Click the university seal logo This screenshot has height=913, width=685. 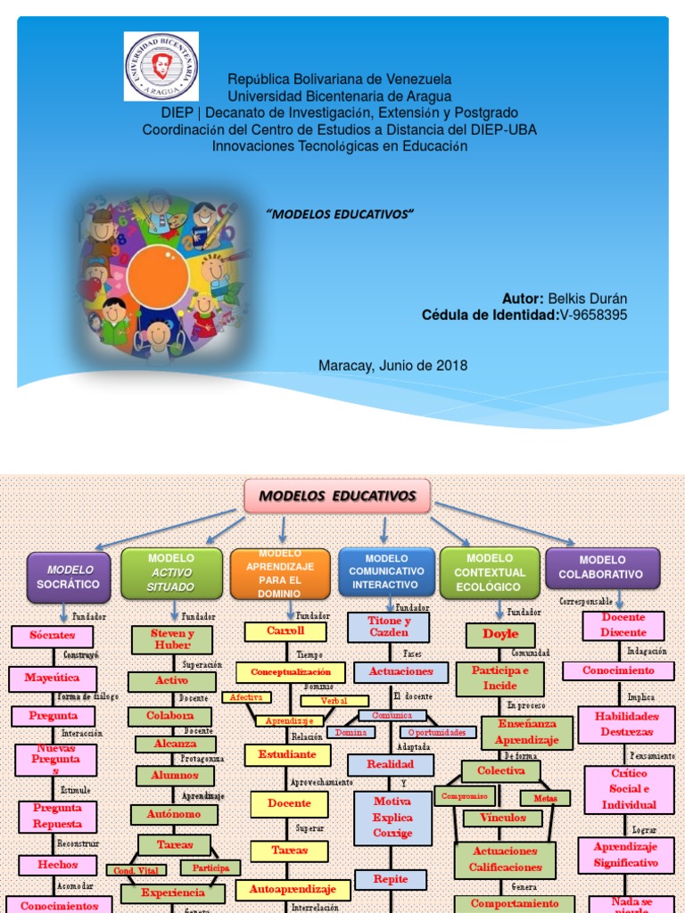(161, 67)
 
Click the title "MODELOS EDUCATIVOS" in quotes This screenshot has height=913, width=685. (342, 216)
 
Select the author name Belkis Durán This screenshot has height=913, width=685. (587, 299)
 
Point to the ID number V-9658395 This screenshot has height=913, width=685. (593, 315)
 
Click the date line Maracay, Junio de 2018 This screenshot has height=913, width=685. (392, 366)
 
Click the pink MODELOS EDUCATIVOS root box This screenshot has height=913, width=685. (337, 496)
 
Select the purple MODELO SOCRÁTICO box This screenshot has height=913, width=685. (70, 576)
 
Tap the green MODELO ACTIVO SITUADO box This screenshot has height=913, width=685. (171, 572)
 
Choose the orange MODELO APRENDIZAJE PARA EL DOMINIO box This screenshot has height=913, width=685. (281, 572)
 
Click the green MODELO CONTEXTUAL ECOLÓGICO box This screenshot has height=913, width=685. (490, 572)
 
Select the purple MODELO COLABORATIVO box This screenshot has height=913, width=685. (602, 568)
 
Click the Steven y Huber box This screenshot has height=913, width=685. (171, 638)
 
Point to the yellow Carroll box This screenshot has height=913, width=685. (285, 630)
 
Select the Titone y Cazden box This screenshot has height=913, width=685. (389, 626)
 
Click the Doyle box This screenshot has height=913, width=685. (500, 635)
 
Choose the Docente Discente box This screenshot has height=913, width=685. (623, 625)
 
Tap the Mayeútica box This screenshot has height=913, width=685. (53, 678)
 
